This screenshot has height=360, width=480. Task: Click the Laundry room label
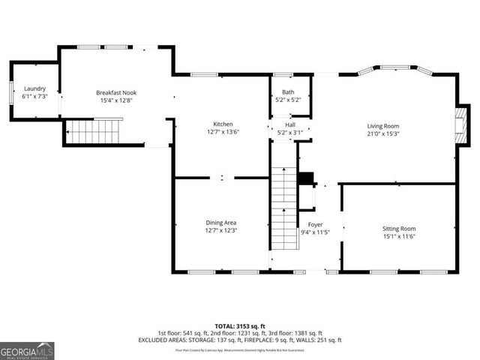pos(34,88)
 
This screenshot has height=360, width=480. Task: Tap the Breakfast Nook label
pos(116,92)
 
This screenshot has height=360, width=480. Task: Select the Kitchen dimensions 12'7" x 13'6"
pos(223,131)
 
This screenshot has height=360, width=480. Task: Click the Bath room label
pos(288,92)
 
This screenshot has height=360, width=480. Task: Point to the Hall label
pos(289,124)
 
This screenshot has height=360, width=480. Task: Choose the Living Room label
pos(382,126)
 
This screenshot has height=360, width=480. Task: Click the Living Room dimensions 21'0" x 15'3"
pos(382,134)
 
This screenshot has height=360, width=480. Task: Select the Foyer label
pos(315,224)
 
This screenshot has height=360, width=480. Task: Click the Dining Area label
pos(222,222)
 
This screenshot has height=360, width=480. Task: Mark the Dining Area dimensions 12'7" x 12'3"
pos(222,230)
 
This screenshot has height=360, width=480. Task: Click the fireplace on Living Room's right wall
pos(463,120)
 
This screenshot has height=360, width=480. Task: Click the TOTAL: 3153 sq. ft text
pos(240,326)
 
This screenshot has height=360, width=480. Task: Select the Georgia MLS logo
pos(27,350)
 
